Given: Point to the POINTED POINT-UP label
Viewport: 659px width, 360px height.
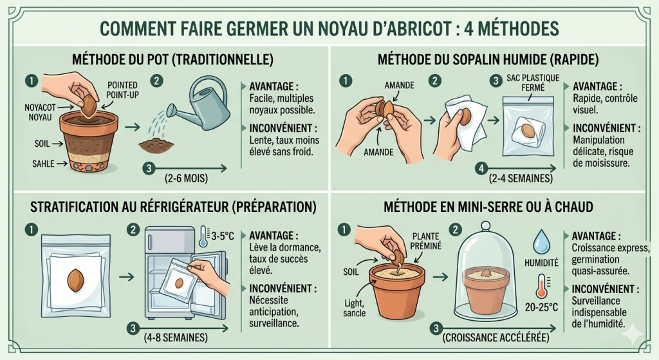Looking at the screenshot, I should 122,90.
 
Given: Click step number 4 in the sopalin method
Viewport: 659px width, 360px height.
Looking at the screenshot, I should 479,169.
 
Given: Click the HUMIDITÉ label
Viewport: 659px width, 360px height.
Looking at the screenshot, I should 542,263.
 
